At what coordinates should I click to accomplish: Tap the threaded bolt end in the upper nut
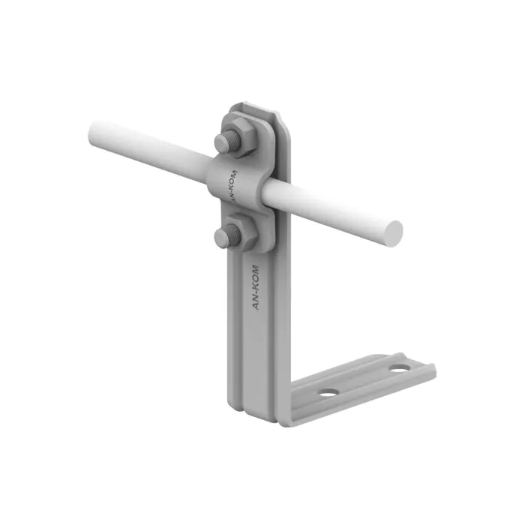(x=228, y=142)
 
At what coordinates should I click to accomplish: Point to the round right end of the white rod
(x=393, y=234)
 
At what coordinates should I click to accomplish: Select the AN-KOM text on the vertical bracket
(x=256, y=288)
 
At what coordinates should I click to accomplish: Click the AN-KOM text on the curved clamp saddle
(x=234, y=186)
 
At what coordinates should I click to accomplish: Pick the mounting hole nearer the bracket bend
(x=328, y=392)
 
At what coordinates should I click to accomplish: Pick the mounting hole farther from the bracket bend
(x=400, y=368)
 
